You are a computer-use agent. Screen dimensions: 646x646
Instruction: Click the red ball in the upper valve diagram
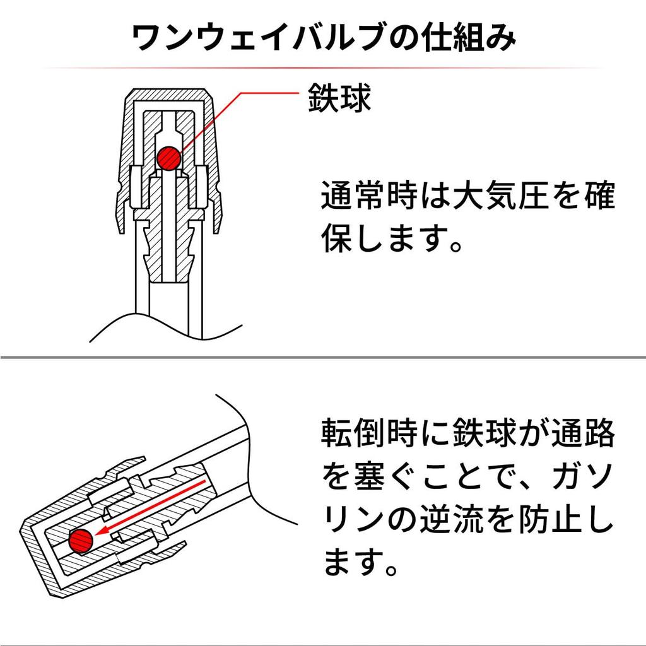point(169,158)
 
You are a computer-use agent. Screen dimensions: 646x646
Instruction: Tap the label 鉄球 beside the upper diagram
point(339,98)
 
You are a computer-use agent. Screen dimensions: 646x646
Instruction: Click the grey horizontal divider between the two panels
point(323,357)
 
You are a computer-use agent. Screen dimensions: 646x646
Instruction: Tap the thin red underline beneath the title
point(323,68)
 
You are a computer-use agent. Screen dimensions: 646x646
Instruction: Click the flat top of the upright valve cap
point(169,91)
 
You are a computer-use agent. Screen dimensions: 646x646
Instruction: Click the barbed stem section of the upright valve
point(169,247)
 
